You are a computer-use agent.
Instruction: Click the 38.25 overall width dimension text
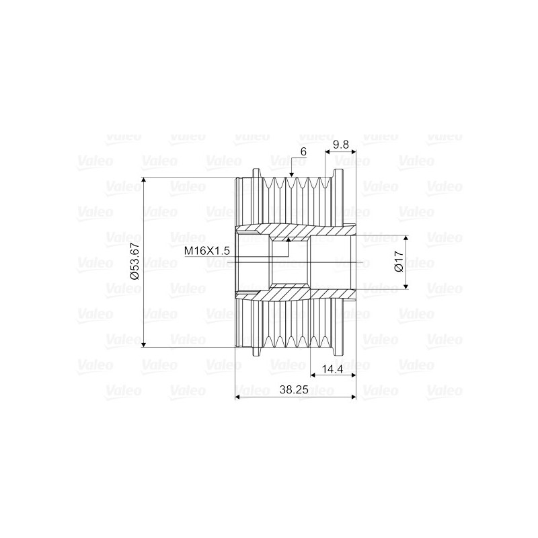point(295,389)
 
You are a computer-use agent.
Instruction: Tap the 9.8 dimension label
point(341,144)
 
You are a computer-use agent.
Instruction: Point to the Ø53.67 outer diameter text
point(134,262)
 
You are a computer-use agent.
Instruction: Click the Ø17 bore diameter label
point(398,262)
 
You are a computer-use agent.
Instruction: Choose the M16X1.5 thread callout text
point(208,250)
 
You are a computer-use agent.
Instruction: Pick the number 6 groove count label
point(303,153)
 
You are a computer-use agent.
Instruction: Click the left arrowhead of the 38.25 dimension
point(237,397)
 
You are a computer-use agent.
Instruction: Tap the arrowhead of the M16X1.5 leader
point(289,237)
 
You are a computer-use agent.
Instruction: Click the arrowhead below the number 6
point(291,176)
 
